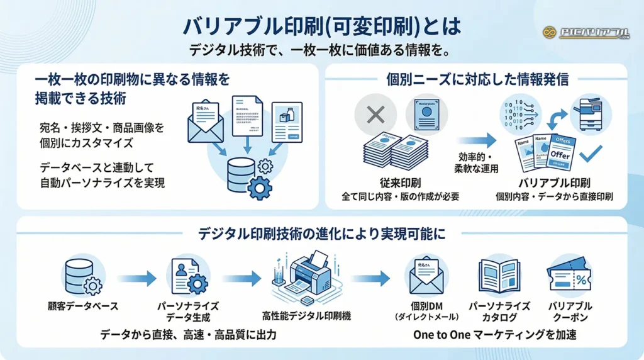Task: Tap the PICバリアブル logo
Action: (x=586, y=32)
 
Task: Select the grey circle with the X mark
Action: (x=375, y=115)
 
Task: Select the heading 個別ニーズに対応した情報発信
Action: (x=477, y=79)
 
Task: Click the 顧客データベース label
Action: (x=83, y=307)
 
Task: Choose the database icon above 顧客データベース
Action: (x=82, y=278)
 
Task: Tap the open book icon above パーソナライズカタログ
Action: (x=499, y=276)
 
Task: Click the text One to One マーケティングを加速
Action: (x=495, y=335)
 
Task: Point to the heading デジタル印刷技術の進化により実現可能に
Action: (x=321, y=233)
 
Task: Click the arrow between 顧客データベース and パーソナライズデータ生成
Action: (x=135, y=277)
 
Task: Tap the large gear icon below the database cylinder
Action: (x=260, y=188)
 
